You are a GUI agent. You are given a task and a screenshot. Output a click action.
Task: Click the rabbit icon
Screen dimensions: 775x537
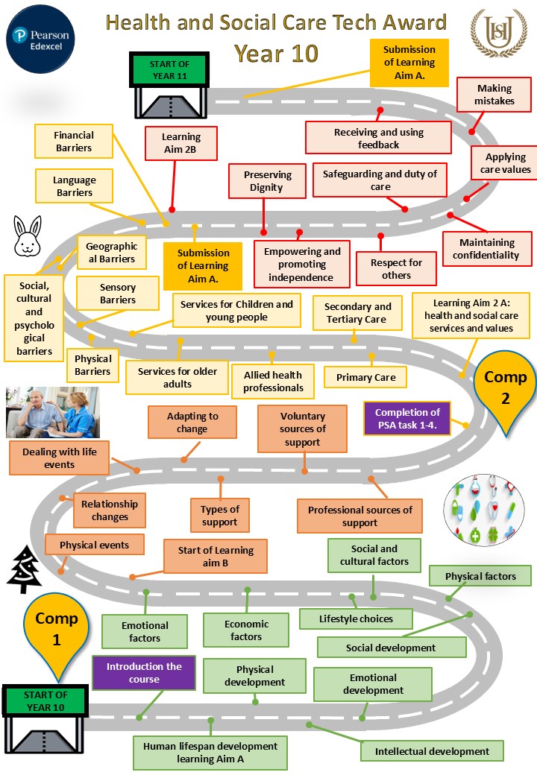tap(26, 235)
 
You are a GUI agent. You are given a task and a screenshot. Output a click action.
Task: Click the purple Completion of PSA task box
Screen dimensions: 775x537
tap(407, 418)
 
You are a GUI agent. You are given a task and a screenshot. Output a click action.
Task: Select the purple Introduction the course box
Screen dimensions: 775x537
tap(143, 673)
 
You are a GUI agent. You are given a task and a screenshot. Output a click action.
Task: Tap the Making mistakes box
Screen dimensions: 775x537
tap(494, 95)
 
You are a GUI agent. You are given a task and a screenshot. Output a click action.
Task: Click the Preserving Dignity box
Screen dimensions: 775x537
tap(266, 181)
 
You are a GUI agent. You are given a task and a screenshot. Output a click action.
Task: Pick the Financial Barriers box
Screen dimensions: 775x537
tap(74, 142)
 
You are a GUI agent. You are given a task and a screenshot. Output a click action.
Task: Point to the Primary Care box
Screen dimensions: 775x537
tap(365, 377)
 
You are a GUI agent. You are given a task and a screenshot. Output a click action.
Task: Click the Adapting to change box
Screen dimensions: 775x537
tap(192, 423)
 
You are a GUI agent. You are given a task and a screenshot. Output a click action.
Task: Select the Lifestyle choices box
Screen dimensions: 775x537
tap(356, 619)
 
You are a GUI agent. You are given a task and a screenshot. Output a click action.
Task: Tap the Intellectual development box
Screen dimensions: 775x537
tap(432, 751)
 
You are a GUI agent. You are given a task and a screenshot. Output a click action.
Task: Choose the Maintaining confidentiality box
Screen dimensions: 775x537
tap(487, 249)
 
